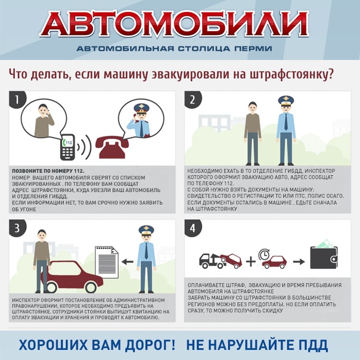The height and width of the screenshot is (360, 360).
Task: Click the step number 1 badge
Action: click(17, 99)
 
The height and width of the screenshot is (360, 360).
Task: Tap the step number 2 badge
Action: click(193, 99)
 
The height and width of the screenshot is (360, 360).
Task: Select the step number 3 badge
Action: click(17, 228)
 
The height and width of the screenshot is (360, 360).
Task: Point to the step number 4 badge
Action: click(193, 228)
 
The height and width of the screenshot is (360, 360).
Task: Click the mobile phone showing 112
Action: click(68, 147)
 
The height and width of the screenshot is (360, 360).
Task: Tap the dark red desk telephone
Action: click(112, 147)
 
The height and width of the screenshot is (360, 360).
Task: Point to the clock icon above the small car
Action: click(264, 255)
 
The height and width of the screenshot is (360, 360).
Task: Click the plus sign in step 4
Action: click(251, 262)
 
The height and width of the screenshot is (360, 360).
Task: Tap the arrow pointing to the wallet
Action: click(299, 262)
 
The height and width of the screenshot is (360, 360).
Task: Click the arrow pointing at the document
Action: click(128, 262)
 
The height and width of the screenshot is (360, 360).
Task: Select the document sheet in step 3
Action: click(107, 262)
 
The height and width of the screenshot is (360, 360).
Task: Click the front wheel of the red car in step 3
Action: click(91, 287)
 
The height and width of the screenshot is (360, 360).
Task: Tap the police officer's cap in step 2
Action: click(286, 101)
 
